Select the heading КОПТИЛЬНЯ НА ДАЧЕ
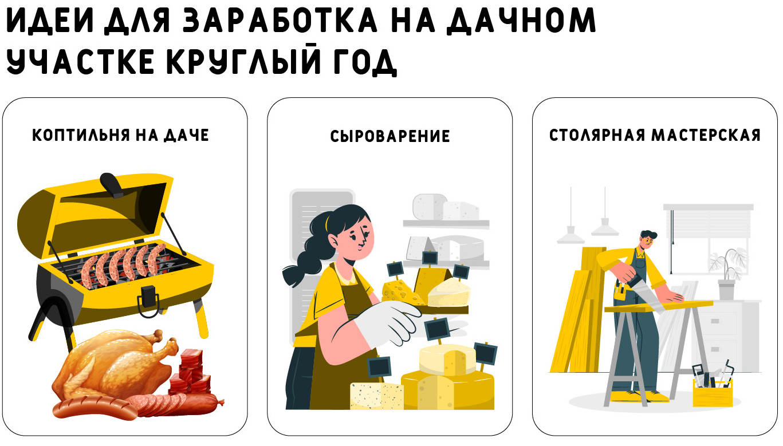pyautogui.click(x=121, y=135)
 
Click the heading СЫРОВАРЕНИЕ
pyautogui.click(x=390, y=136)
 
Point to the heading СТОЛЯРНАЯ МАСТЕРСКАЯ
pyautogui.click(x=655, y=135)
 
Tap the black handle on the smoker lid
pyautogui.click(x=111, y=185)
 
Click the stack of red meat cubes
pyautogui.click(x=191, y=372)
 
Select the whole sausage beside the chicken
pyautogui.click(x=94, y=408)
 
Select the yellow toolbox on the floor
pyautogui.click(x=713, y=392)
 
